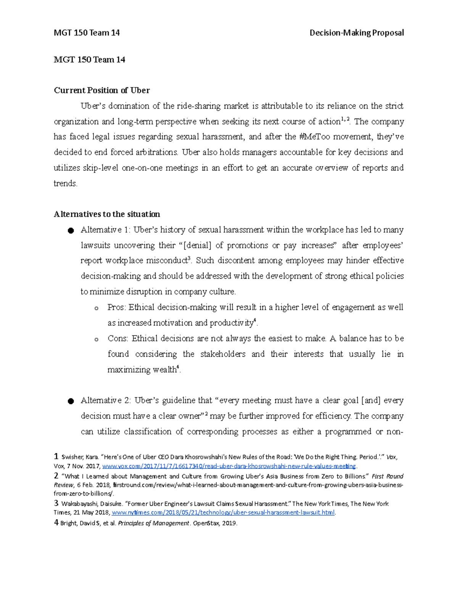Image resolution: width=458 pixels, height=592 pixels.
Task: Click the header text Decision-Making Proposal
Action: click(356, 33)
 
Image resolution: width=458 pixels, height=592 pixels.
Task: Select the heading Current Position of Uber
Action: click(102, 90)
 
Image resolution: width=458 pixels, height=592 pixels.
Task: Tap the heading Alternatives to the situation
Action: click(107, 214)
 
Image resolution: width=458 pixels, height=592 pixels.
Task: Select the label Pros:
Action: click(117, 308)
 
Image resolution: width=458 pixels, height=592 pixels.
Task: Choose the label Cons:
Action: click(118, 339)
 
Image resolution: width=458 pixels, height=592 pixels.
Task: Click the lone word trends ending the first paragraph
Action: click(65, 183)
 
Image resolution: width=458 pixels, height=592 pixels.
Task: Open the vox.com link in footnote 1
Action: click(229, 466)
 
